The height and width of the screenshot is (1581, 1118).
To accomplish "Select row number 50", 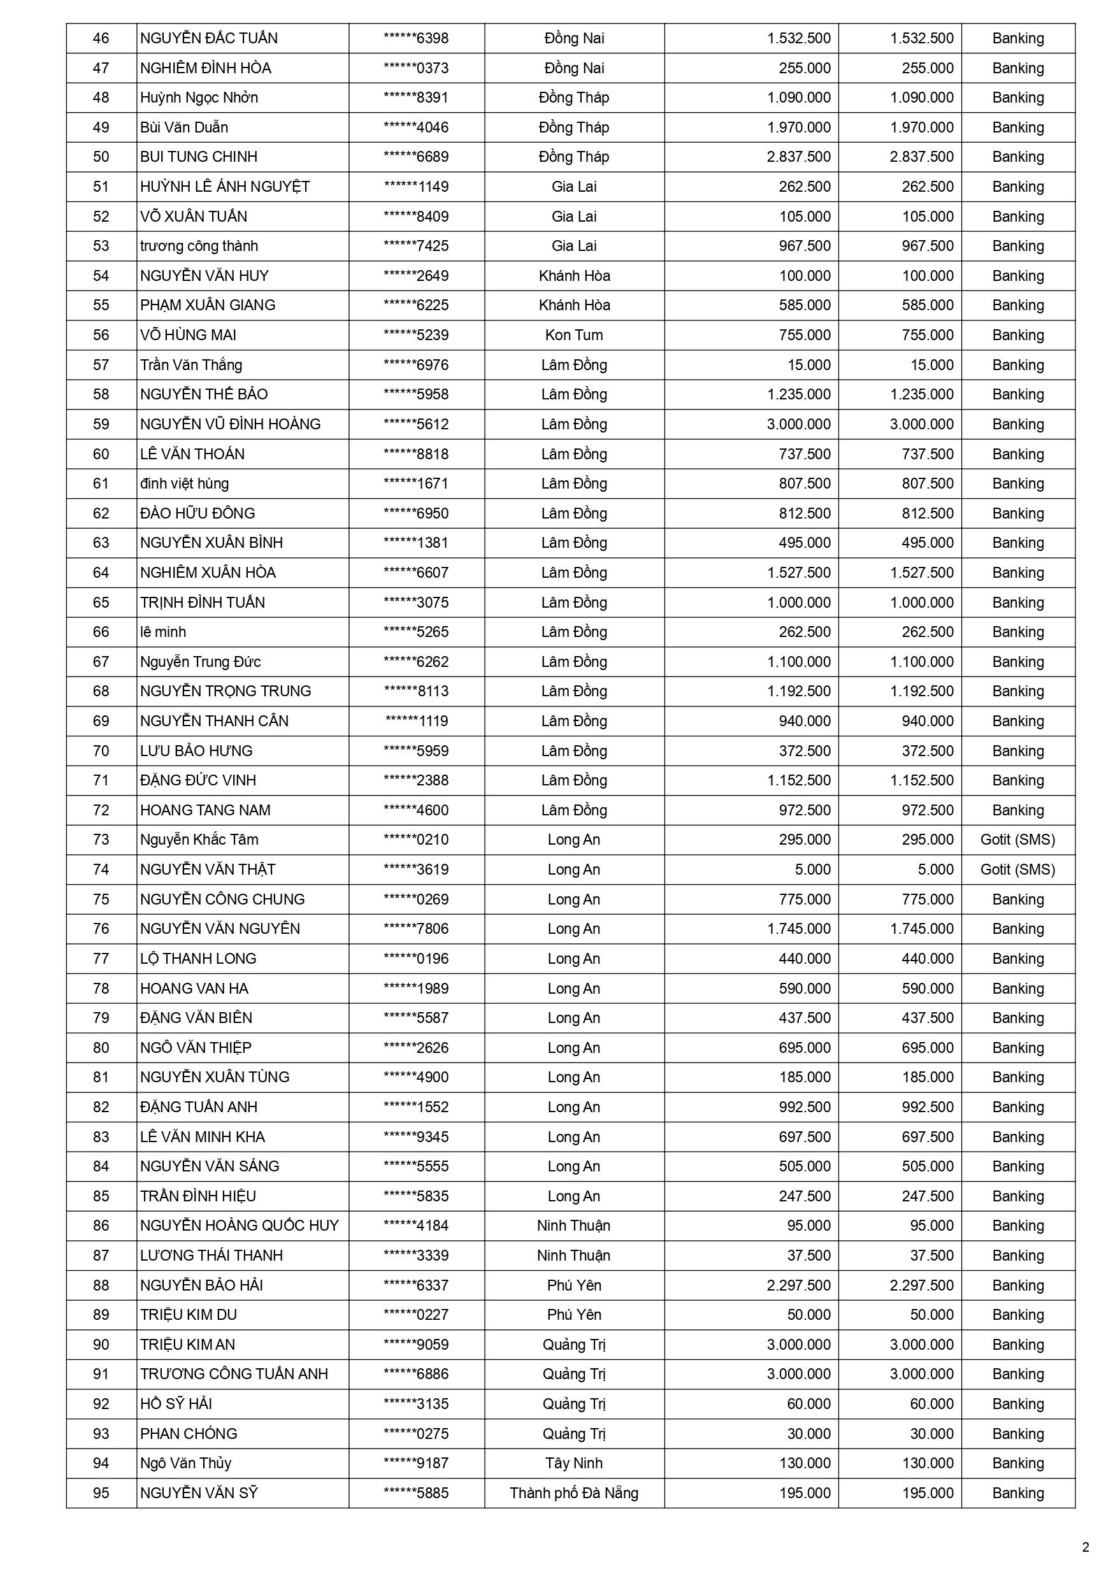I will click(101, 157).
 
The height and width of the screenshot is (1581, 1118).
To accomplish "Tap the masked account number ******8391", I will click(416, 98).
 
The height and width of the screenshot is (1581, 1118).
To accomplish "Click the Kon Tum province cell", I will click(574, 335).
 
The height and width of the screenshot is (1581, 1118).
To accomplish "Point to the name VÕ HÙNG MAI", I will click(188, 335).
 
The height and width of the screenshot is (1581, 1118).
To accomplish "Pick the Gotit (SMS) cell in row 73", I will click(1017, 840).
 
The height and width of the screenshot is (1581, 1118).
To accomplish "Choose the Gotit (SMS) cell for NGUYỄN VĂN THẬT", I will click(1017, 869).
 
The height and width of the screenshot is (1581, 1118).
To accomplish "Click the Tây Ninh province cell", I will click(574, 1463).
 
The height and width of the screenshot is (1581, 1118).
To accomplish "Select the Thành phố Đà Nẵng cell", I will click(574, 1493).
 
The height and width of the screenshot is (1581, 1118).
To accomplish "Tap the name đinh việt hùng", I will click(185, 483).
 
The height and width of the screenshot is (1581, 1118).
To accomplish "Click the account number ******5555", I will click(416, 1166).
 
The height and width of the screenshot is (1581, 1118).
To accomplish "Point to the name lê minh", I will click(163, 632).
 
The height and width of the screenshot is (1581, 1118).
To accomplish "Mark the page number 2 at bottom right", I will click(1086, 1548).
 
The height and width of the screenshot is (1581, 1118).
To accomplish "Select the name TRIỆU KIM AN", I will click(187, 1344).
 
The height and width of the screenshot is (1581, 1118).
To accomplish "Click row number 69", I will click(101, 721).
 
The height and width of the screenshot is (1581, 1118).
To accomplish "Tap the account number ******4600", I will click(416, 810).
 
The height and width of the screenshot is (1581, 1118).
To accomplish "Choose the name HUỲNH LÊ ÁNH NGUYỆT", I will click(226, 187).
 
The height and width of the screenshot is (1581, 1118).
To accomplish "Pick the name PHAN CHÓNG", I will click(189, 1434).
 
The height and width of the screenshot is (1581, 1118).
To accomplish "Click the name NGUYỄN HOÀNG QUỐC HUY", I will click(239, 1226).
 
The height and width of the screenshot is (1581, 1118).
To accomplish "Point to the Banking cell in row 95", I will click(1017, 1493).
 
